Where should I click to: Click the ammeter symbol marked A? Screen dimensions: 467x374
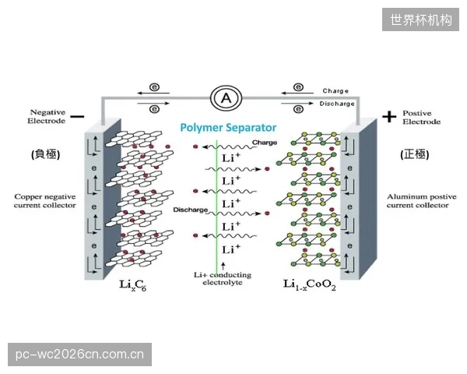coord(226,98)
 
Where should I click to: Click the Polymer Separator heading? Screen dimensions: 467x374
coord(228,128)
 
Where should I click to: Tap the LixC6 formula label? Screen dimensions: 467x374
coord(132,285)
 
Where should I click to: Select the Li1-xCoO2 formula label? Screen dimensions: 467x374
coord(309,285)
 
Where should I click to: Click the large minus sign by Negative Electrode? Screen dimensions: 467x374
coord(78,116)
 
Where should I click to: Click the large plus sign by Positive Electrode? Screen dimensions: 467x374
coord(389,116)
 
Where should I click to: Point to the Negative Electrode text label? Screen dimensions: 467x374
coord(47,117)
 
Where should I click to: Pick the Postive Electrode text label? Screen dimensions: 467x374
coord(421,117)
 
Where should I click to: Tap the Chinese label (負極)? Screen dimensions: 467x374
coord(46,154)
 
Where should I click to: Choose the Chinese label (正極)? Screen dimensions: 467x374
coord(415,154)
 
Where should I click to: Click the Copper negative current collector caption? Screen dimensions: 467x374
coord(45,201)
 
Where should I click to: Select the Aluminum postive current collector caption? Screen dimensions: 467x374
coord(421,201)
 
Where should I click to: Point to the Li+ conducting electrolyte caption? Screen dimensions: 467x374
coord(223,279)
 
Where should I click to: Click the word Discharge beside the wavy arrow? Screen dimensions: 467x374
coord(191,210)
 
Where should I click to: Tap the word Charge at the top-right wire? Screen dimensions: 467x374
coord(335,91)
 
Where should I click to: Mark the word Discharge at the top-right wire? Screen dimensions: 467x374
coord(337,104)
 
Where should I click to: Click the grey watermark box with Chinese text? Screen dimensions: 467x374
coord(420,19)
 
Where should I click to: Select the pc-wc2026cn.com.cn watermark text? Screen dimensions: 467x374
coord(79,355)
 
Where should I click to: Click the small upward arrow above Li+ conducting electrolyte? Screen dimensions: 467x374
coord(223,266)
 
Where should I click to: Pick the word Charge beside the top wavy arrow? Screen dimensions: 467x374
coord(265,143)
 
